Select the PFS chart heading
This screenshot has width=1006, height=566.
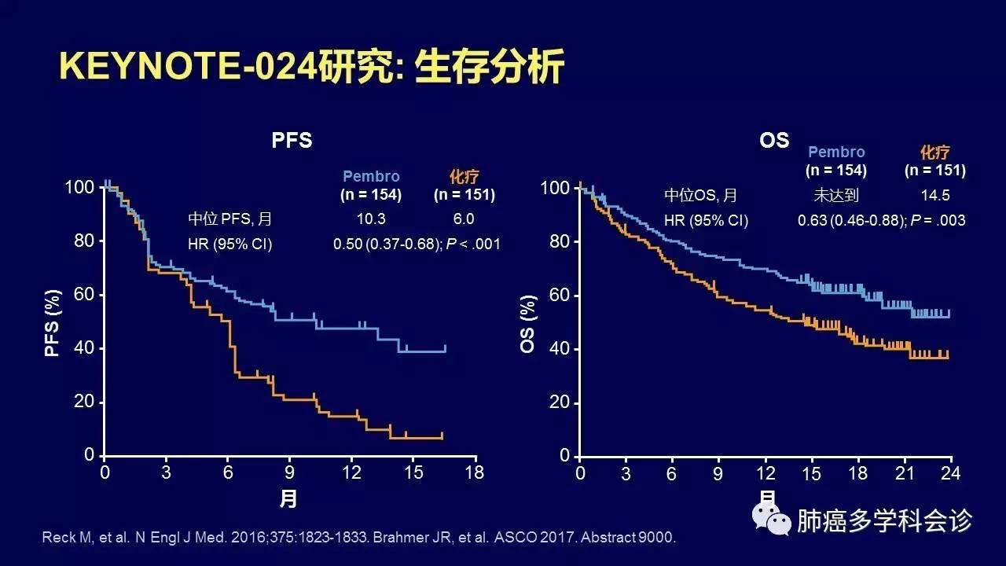click(292, 141)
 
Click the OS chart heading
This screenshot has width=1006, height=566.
click(774, 140)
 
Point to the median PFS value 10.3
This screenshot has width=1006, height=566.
click(370, 219)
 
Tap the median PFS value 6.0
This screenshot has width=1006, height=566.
click(464, 219)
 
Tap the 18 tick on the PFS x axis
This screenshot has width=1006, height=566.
click(475, 472)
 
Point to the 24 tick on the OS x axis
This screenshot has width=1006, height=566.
click(951, 473)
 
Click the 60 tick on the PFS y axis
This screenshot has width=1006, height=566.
click(84, 295)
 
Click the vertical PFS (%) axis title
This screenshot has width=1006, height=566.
click(53, 321)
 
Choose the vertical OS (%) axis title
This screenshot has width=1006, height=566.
click(528, 323)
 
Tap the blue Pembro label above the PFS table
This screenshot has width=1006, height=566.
click(371, 177)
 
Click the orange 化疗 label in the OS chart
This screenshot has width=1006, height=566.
click(934, 153)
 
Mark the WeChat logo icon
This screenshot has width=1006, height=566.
click(772, 519)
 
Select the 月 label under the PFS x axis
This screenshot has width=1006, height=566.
click(288, 498)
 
